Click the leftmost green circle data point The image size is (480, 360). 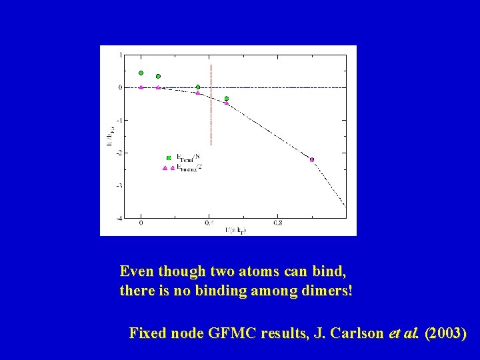(x=141, y=73)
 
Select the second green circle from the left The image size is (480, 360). (x=158, y=77)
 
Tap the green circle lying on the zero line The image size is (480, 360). (x=198, y=87)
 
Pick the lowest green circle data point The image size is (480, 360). (x=227, y=99)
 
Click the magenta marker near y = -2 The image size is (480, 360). (x=311, y=159)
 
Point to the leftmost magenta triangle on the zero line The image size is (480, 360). (x=141, y=87)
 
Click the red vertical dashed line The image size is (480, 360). (x=211, y=107)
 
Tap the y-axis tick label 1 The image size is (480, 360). (x=120, y=55)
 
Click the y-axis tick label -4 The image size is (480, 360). (x=119, y=218)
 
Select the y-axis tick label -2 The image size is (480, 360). (x=119, y=153)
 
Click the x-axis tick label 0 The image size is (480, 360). (x=141, y=224)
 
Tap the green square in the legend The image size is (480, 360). (x=169, y=158)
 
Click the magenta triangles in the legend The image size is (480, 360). (x=168, y=168)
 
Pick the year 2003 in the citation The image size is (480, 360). (x=445, y=333)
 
